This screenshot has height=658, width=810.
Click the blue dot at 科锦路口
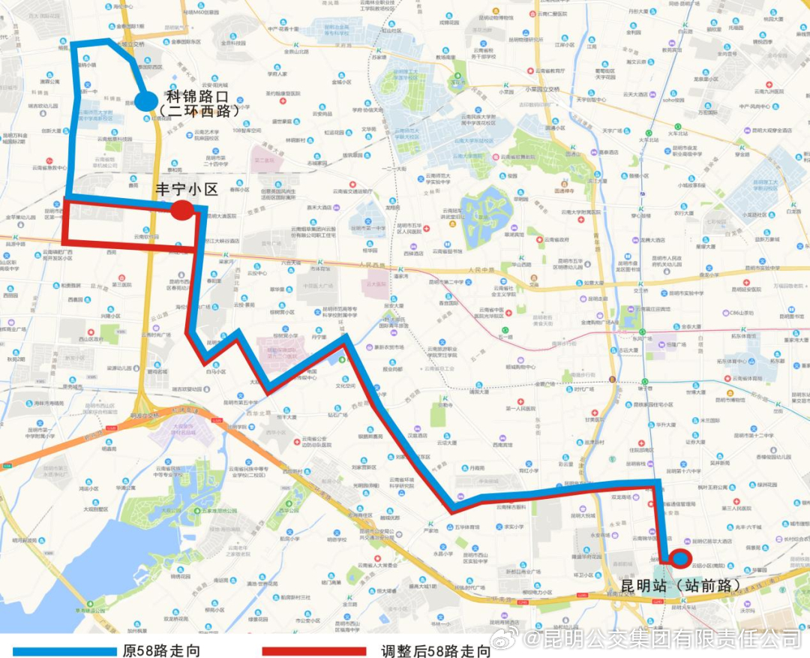pos(146,101)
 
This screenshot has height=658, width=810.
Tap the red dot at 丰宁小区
pos(181,210)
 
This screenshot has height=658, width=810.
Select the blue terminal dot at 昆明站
pos(681,558)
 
